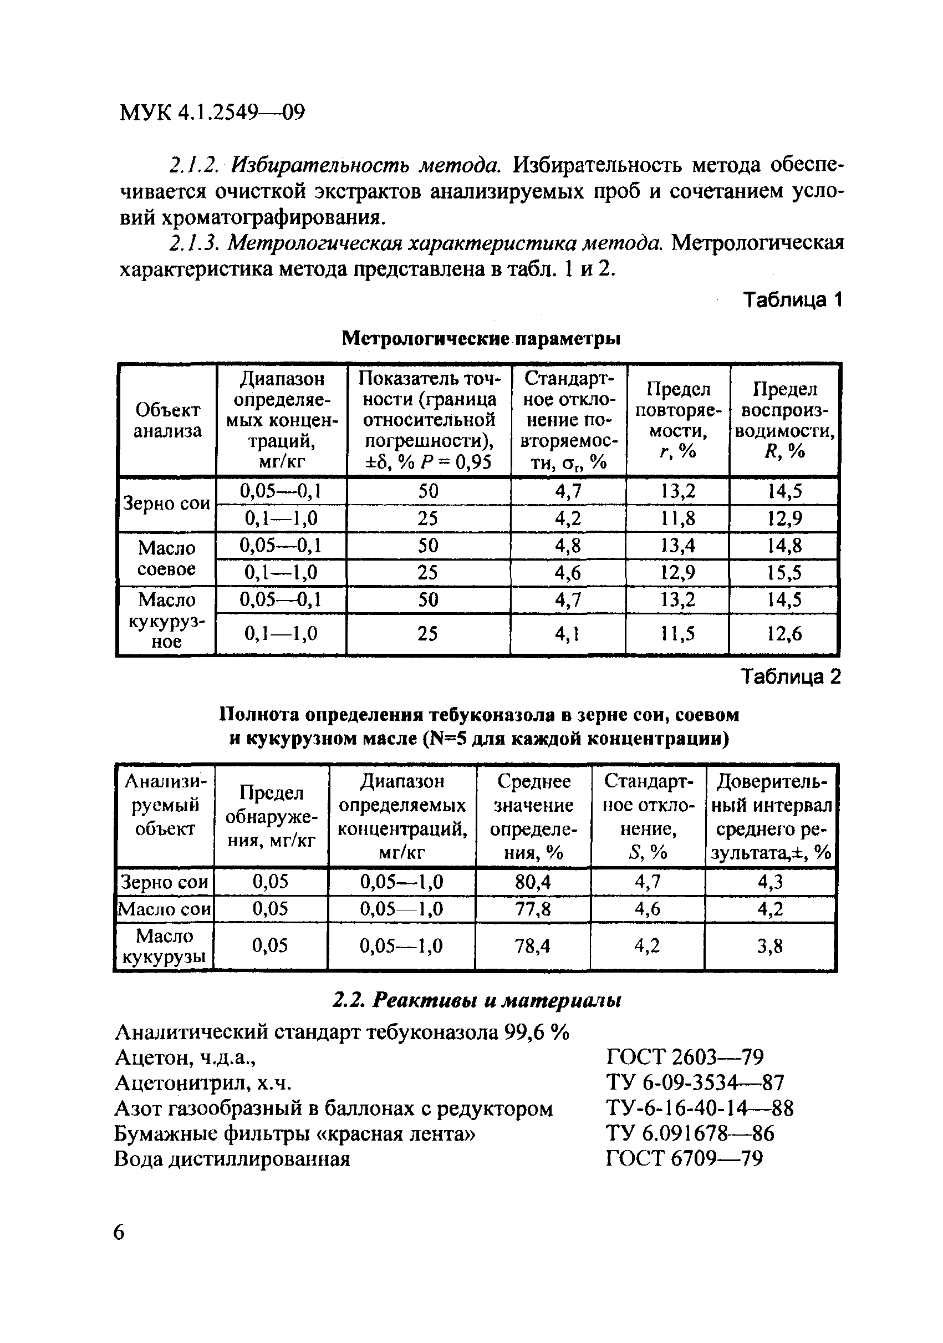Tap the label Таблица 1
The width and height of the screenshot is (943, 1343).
coord(792,300)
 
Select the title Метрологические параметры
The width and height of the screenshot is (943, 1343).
coord(481,338)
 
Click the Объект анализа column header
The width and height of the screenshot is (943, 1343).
coord(167,420)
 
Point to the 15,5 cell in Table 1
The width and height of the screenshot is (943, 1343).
coord(784,573)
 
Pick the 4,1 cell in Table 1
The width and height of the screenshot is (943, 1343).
coord(567,633)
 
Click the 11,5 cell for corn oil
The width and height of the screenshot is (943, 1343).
coord(677,633)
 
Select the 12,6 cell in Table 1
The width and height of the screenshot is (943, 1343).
coord(784,633)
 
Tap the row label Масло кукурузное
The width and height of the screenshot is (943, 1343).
coord(167,620)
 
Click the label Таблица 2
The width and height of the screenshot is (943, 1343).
coord(791,676)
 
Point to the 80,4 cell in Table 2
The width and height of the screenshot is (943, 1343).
coord(533,882)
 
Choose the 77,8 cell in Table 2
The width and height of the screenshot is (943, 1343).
coord(533,908)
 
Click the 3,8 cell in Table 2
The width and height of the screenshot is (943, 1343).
coord(769,946)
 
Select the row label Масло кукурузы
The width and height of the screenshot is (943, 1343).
coord(164,946)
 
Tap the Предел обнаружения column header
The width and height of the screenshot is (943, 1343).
coord(271,817)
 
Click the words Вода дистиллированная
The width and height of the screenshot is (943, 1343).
coord(232,1159)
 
